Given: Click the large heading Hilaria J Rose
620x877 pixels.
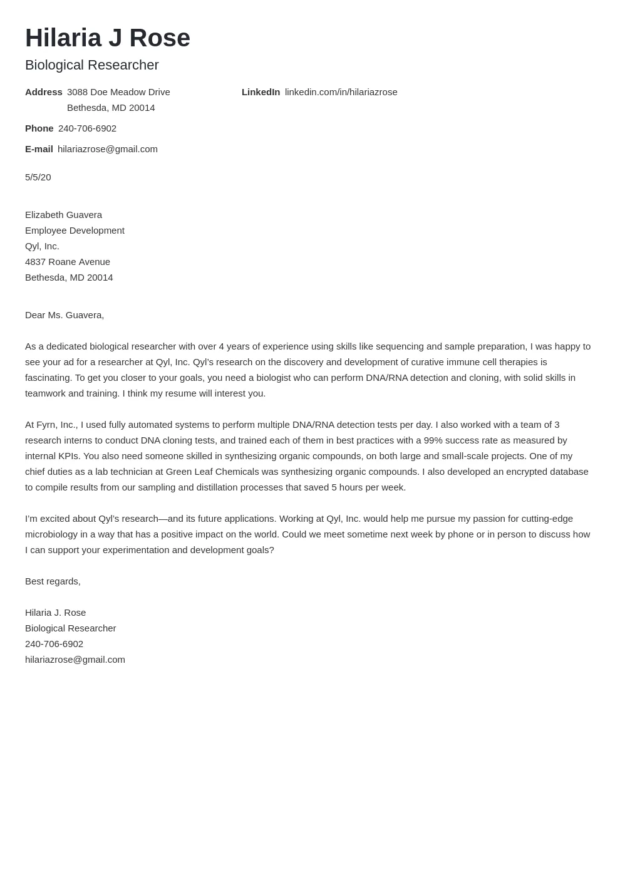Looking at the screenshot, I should pyautogui.click(x=108, y=38).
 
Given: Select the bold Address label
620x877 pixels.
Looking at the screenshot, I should pyautogui.click(x=44, y=92).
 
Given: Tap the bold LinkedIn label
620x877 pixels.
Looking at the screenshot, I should pyautogui.click(x=261, y=92).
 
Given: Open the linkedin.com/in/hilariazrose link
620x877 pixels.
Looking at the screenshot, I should pyautogui.click(x=341, y=92).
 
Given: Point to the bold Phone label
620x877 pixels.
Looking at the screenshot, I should pyautogui.click(x=39, y=128).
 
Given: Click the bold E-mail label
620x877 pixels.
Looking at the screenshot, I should pyautogui.click(x=39, y=149).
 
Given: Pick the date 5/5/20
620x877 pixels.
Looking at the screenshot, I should pyautogui.click(x=38, y=177).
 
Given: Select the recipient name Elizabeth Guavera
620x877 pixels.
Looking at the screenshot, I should pyautogui.click(x=63, y=215).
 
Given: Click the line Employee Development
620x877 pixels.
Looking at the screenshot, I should pyautogui.click(x=75, y=231).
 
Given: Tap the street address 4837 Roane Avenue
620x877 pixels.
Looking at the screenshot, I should pyautogui.click(x=68, y=262).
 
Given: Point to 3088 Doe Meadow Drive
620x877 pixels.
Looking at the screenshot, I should pyautogui.click(x=118, y=92).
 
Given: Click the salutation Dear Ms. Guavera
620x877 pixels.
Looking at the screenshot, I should pyautogui.click(x=65, y=315).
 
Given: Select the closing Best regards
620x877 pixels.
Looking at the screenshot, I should pyautogui.click(x=53, y=581).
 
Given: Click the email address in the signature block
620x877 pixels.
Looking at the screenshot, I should pyautogui.click(x=75, y=660).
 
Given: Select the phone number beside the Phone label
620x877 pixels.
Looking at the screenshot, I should pyautogui.click(x=87, y=128).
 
